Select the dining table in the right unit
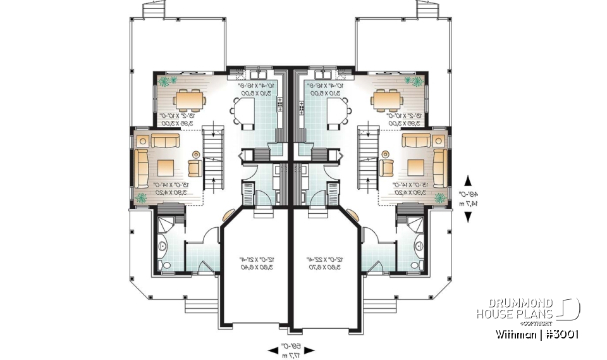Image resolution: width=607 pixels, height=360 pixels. pyautogui.click(x=387, y=100)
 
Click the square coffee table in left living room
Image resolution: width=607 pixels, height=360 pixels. pyautogui.click(x=166, y=167)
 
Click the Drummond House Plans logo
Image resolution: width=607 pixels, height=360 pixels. pyautogui.click(x=527, y=309)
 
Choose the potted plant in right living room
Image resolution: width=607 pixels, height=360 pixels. pyautogui.click(x=438, y=199)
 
